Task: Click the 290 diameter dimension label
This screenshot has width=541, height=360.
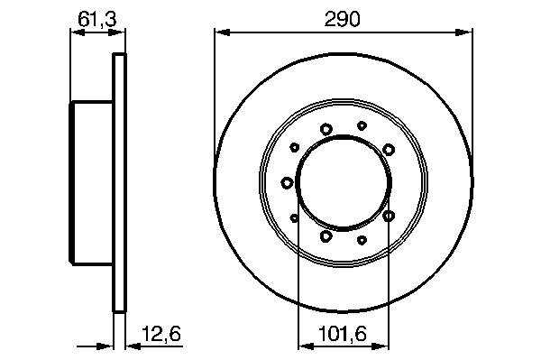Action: click(x=342, y=19)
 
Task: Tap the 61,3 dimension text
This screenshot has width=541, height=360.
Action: click(x=97, y=19)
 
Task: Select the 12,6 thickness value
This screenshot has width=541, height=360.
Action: click(x=161, y=334)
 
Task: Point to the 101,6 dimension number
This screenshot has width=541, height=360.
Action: click(x=343, y=334)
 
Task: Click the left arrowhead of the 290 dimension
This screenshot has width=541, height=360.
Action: click(x=222, y=32)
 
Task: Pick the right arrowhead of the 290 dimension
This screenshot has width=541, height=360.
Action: click(x=464, y=32)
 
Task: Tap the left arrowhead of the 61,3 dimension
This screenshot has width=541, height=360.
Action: click(x=78, y=32)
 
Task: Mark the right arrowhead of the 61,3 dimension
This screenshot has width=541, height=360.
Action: click(x=117, y=32)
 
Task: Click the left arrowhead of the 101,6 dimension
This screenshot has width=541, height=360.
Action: click(x=306, y=346)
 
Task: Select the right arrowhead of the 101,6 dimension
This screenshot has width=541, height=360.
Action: click(x=381, y=346)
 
